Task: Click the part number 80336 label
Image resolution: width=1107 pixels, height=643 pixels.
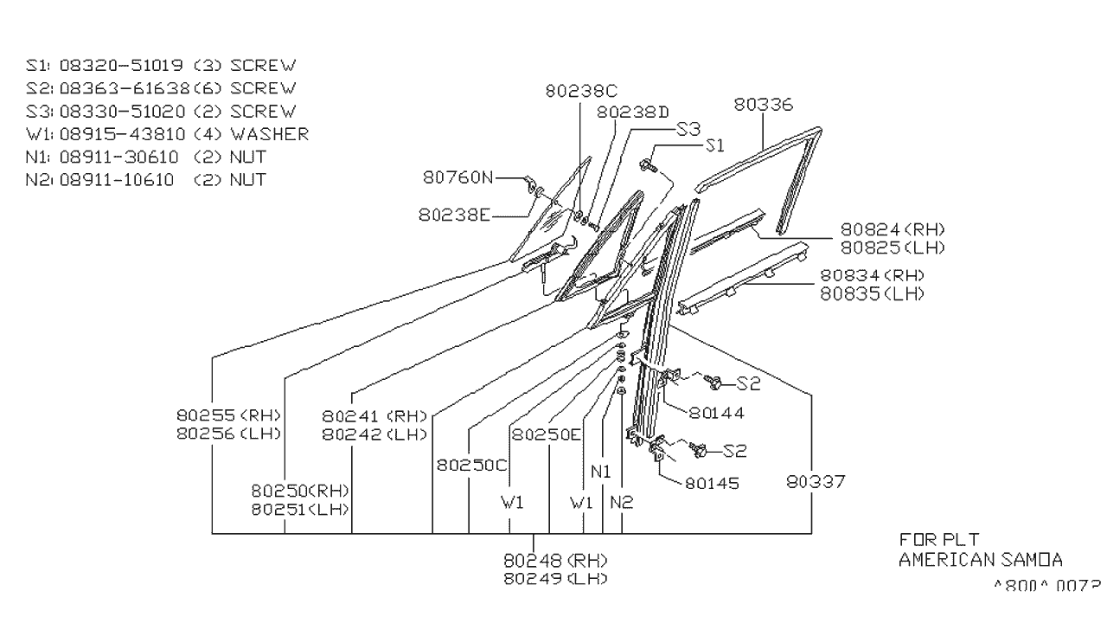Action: click(764, 105)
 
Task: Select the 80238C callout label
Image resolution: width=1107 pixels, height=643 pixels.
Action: click(583, 89)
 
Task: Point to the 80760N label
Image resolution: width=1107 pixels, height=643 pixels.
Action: click(458, 177)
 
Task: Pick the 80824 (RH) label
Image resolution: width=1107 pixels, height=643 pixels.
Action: click(893, 229)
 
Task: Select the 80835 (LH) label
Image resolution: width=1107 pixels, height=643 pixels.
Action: click(872, 293)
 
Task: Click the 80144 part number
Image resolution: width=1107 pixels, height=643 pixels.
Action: click(717, 413)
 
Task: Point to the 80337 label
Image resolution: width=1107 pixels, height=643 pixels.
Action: click(816, 480)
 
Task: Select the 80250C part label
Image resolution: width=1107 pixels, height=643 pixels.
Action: click(471, 465)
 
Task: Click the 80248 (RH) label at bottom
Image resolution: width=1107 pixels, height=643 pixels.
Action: click(554, 559)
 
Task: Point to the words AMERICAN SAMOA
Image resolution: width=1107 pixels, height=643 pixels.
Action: click(981, 560)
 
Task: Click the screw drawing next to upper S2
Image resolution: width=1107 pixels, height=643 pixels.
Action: click(714, 381)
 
